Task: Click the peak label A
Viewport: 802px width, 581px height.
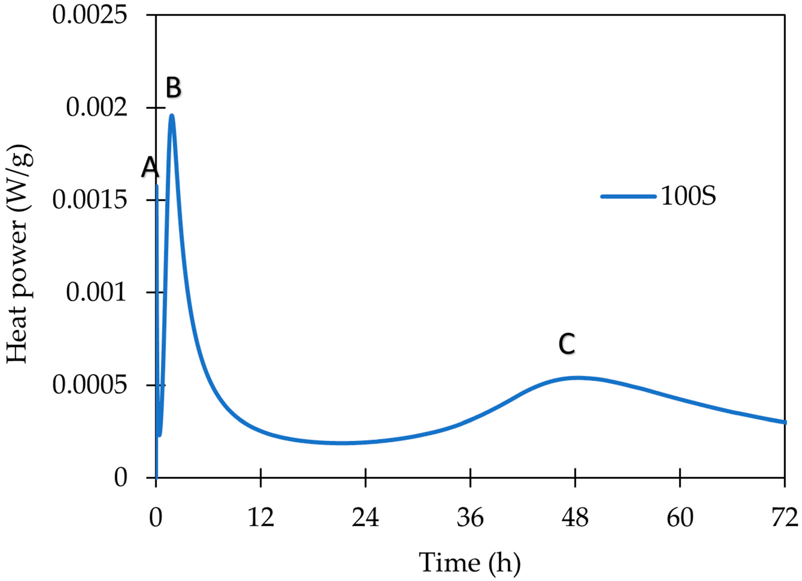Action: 150,168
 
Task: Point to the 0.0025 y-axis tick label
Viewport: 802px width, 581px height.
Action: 89,16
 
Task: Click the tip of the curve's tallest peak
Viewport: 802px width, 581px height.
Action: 172,115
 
